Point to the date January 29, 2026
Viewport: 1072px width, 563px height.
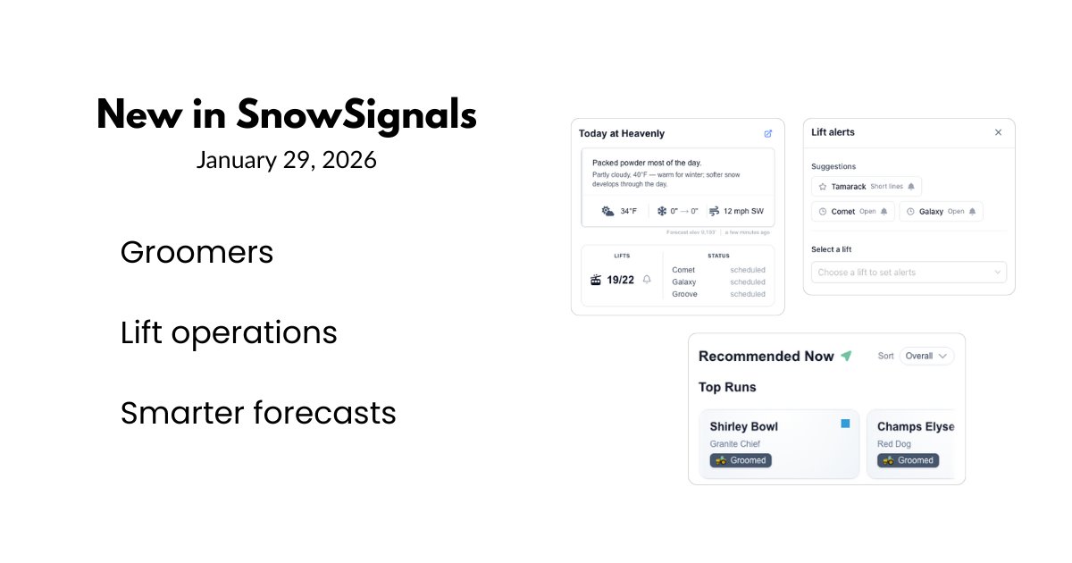click(x=286, y=160)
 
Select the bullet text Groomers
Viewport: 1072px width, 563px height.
click(x=197, y=253)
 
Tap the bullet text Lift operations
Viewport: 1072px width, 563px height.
click(x=229, y=333)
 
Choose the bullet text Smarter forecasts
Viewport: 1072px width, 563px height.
click(x=258, y=413)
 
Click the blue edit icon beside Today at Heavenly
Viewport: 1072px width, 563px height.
click(x=768, y=134)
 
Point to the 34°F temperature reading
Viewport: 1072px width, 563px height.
click(x=628, y=211)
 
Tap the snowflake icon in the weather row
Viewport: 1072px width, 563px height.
click(x=662, y=211)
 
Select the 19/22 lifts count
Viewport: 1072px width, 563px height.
click(x=620, y=280)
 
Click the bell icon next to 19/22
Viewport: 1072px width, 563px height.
click(x=647, y=280)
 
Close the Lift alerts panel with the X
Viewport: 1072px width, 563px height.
click(x=998, y=132)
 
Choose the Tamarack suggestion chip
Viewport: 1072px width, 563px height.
click(x=866, y=187)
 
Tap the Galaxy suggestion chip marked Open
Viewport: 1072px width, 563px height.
click(x=941, y=212)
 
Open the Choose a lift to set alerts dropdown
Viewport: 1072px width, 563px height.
click(x=909, y=273)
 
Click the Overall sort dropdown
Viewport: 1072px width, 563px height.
click(x=926, y=356)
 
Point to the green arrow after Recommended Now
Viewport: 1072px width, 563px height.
click(x=846, y=356)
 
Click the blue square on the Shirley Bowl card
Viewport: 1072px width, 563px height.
click(x=845, y=424)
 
